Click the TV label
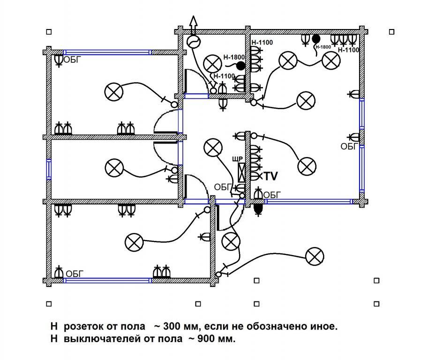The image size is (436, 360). click(x=271, y=176)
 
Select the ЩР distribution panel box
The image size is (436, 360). click(x=241, y=172)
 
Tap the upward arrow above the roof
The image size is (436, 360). click(x=193, y=25)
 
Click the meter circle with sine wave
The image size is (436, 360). click(x=194, y=42)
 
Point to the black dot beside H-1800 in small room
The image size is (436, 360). click(x=241, y=66)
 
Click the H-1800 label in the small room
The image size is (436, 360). click(x=234, y=57)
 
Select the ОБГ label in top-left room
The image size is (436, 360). click(x=72, y=60)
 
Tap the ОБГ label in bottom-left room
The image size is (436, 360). click(x=75, y=274)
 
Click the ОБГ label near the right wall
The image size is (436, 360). click(x=349, y=146)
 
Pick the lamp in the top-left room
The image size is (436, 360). click(x=114, y=92)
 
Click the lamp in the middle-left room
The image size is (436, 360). click(x=114, y=168)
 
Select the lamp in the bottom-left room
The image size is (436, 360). click(x=134, y=242)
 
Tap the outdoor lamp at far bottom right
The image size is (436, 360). click(x=315, y=256)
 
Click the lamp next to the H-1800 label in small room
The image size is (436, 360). click(x=212, y=64)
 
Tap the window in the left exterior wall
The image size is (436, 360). click(x=49, y=169)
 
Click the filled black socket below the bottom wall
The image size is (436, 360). click(x=258, y=209)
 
